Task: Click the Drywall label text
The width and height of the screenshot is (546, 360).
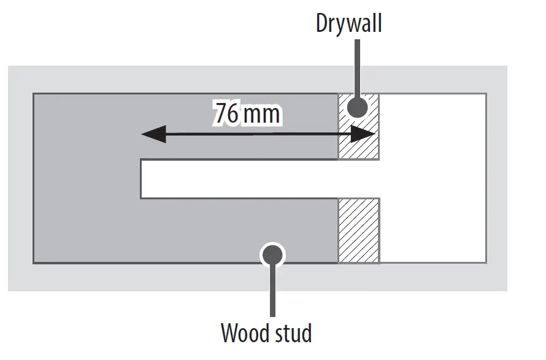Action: (x=348, y=24)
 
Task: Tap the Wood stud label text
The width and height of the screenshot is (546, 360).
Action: (x=266, y=334)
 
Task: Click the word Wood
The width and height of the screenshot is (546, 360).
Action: (x=244, y=334)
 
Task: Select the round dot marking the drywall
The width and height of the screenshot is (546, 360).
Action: (x=358, y=108)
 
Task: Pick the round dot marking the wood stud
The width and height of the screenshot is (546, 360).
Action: (x=272, y=254)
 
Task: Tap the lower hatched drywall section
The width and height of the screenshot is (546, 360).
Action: (x=359, y=231)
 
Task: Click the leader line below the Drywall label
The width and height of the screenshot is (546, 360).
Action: (x=358, y=67)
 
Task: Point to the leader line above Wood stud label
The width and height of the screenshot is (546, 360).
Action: (x=272, y=291)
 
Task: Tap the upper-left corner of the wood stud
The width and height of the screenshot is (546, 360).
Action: (x=33, y=94)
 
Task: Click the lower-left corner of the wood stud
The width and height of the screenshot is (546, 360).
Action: (x=33, y=263)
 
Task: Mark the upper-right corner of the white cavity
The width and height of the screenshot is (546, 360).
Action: (x=486, y=94)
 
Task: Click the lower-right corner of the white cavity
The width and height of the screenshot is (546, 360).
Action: (x=486, y=263)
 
